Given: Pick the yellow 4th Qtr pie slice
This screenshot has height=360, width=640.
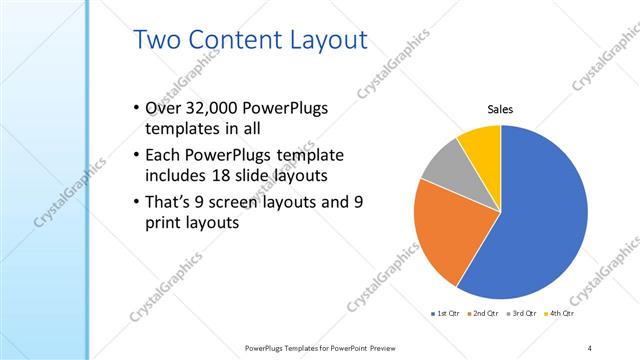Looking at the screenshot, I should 481,143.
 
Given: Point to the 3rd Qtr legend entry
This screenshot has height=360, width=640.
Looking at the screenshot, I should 522,314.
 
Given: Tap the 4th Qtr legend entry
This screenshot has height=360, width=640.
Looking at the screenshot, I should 561,314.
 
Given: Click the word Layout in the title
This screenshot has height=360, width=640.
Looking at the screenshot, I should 329,41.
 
